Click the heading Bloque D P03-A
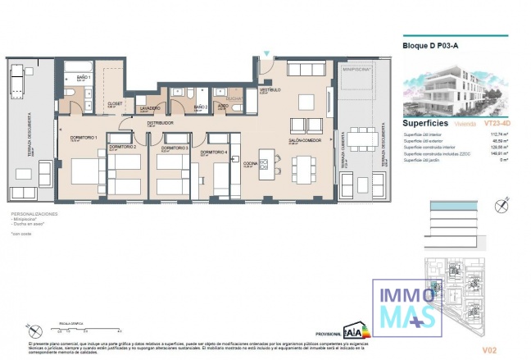(429, 46)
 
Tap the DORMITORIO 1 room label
(84, 137)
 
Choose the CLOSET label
(116, 104)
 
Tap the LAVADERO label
(149, 108)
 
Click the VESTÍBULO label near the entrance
(270, 89)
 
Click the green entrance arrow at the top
(265, 56)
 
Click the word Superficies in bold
(424, 122)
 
